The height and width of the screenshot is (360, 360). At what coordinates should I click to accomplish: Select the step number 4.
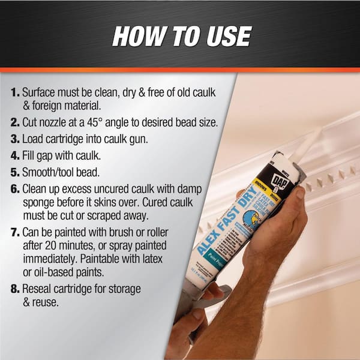coord(14,155)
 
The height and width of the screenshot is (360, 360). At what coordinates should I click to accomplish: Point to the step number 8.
coord(14,289)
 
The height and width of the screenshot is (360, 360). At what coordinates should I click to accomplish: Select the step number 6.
coord(14,188)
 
